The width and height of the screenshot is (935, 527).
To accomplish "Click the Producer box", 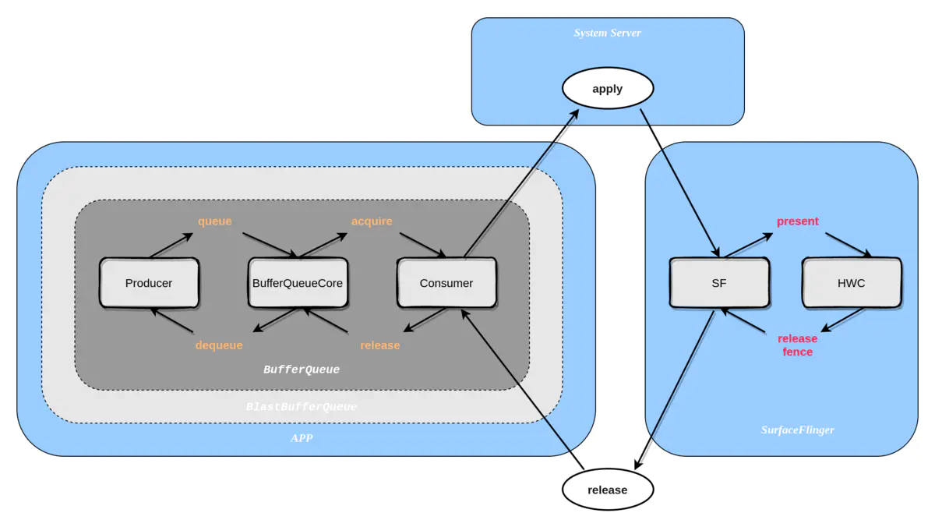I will click(x=149, y=283).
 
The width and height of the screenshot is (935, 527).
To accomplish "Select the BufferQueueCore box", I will click(x=298, y=283).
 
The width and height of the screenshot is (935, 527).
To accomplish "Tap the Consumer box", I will click(x=446, y=283).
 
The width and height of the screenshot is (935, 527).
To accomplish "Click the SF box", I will click(x=718, y=283).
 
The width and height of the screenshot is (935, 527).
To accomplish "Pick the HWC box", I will click(x=851, y=283).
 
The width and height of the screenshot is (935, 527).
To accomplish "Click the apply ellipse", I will click(x=607, y=89).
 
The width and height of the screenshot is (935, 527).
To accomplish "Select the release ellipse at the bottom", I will click(x=607, y=490).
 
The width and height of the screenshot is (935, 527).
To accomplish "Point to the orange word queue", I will click(x=214, y=221).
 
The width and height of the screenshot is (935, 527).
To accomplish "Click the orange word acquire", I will click(x=372, y=221).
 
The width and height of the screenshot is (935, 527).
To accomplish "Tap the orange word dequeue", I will click(x=219, y=345).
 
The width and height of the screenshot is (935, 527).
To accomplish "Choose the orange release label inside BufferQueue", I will click(x=380, y=345).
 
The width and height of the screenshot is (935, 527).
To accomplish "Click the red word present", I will click(x=797, y=221).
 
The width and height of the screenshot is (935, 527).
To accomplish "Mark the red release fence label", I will click(x=797, y=345).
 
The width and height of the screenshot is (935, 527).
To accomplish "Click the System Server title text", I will click(x=607, y=33).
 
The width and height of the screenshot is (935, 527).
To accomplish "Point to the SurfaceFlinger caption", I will click(x=797, y=430).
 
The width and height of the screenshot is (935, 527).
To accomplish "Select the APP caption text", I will click(x=302, y=438).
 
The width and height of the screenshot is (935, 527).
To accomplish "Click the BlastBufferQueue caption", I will click(x=302, y=407).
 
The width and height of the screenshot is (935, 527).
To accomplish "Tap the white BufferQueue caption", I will click(x=302, y=370).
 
